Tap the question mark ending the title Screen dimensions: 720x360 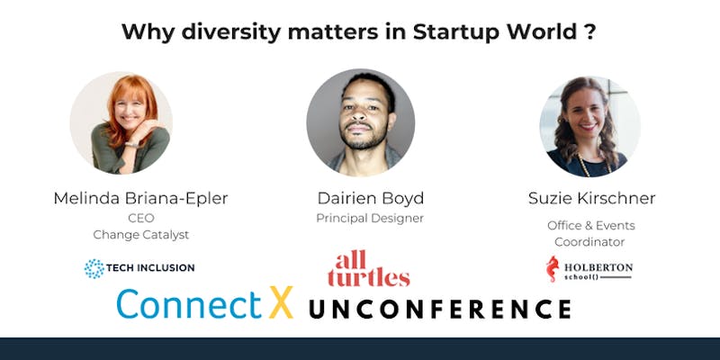click(591, 31)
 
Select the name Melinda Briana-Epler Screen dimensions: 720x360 click(140, 198)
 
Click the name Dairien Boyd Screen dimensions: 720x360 click(371, 198)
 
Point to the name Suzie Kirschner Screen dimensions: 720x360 click(591, 198)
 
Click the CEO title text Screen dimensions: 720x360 click(141, 218)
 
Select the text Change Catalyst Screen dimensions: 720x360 click(141, 235)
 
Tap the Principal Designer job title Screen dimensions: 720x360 click(370, 219)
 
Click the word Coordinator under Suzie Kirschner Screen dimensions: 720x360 click(589, 242)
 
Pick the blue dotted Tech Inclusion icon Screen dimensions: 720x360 click(94, 268)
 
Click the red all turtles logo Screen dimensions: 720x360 click(369, 268)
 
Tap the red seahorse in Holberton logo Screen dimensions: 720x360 click(553, 269)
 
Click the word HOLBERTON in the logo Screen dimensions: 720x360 click(598, 267)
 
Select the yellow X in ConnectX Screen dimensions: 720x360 click(281, 302)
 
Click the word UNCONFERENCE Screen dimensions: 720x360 click(440, 309)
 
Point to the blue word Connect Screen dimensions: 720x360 click(189, 303)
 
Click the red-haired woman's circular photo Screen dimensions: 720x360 click(121, 122)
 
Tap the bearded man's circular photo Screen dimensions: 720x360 click(361, 122)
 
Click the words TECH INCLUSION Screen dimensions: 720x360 click(150, 267)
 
